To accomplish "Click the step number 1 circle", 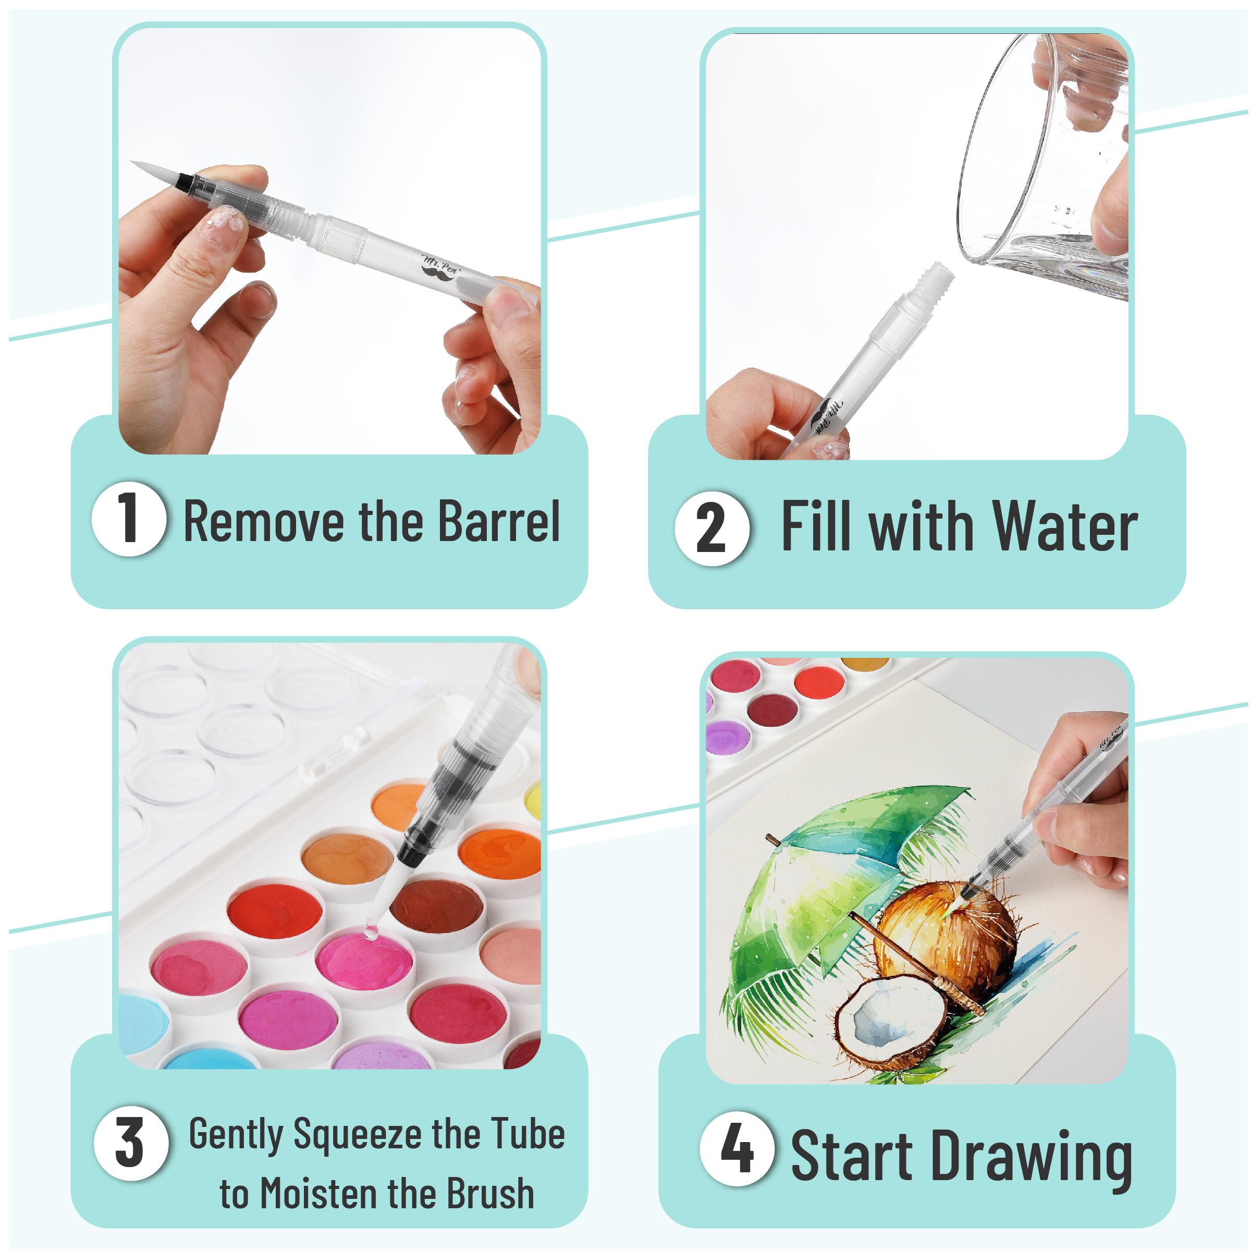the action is (x=129, y=519).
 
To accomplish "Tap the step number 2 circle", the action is (x=712, y=529).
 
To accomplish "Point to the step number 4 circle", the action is (x=737, y=1149).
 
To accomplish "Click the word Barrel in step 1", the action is (x=499, y=521).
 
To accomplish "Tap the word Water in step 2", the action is (x=1065, y=527).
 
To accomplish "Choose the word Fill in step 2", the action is (x=815, y=526).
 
